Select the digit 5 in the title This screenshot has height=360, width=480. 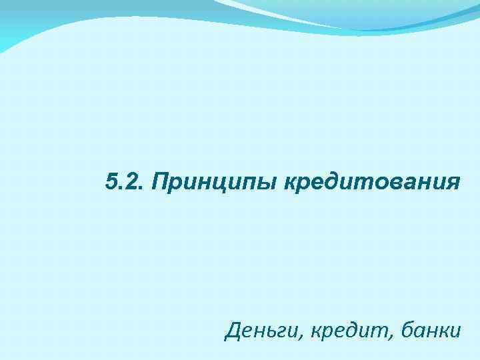[x=111, y=181]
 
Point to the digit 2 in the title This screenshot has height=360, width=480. [x=129, y=181]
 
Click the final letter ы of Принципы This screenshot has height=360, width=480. [x=271, y=183]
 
